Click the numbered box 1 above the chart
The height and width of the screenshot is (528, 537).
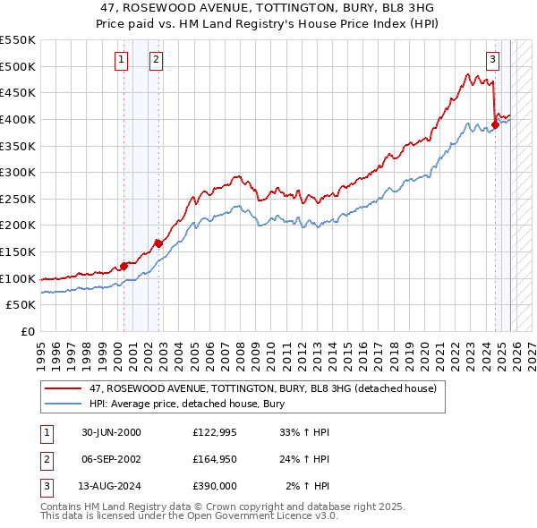click(x=121, y=60)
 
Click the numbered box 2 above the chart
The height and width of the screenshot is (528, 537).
click(x=155, y=60)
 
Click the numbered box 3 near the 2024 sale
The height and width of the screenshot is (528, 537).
click(x=492, y=60)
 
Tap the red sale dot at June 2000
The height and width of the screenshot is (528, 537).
click(x=124, y=266)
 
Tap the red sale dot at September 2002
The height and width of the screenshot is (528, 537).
click(x=158, y=243)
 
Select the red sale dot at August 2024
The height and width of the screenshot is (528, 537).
click(x=495, y=124)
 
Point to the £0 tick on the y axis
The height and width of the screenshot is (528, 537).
click(x=28, y=331)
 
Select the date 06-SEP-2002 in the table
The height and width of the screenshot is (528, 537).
click(x=111, y=459)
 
